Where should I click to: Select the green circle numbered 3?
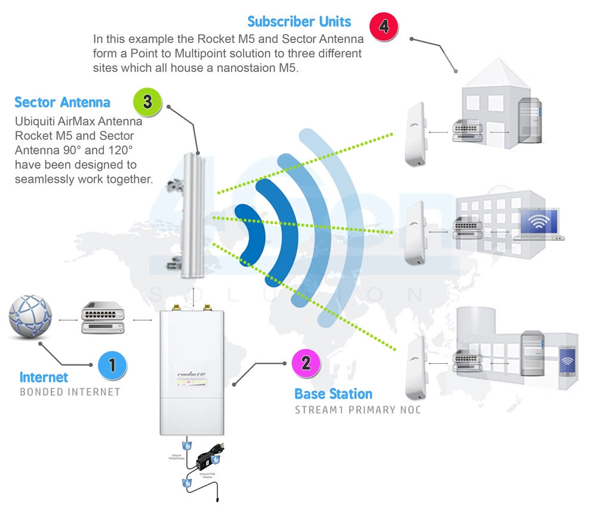click(x=147, y=102)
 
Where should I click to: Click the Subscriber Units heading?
click(x=299, y=22)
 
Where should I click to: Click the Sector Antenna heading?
click(x=62, y=102)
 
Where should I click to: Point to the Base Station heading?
click(x=333, y=394)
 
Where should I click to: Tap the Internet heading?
click(x=44, y=378)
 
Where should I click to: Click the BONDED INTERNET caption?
click(x=70, y=393)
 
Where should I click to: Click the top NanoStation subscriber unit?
click(x=416, y=135)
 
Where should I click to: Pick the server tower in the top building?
click(x=529, y=121)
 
